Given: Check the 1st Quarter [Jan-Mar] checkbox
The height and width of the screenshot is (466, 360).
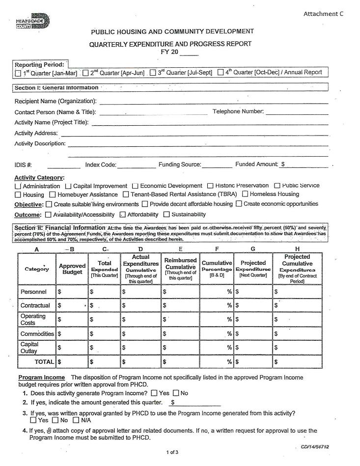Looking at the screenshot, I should (x=18, y=73).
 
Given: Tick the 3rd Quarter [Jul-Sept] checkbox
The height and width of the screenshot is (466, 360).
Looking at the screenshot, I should (x=153, y=73).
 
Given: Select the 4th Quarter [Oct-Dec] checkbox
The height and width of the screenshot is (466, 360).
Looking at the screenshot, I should (x=221, y=73).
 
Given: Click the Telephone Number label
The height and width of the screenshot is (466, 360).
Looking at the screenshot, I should (x=238, y=111).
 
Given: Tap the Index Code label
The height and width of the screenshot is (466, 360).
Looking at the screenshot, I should (x=101, y=165).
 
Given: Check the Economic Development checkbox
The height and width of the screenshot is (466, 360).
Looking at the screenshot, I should (x=135, y=186).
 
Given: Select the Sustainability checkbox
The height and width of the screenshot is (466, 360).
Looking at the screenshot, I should (x=166, y=215).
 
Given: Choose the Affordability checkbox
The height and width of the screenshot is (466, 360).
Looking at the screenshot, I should (x=123, y=215).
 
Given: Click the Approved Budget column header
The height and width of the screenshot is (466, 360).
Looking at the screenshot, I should (x=72, y=269).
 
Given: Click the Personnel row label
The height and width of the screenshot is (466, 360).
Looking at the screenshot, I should (x=34, y=292).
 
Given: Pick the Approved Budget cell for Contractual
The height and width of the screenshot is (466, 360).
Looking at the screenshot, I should (x=72, y=305).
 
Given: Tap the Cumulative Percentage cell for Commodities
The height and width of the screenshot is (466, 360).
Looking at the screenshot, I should (x=216, y=334).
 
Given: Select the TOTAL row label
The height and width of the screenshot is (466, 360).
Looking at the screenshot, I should (x=44, y=362).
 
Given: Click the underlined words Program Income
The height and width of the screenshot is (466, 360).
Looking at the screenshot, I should (x=41, y=378).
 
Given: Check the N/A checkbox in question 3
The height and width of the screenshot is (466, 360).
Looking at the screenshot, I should (x=76, y=420).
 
